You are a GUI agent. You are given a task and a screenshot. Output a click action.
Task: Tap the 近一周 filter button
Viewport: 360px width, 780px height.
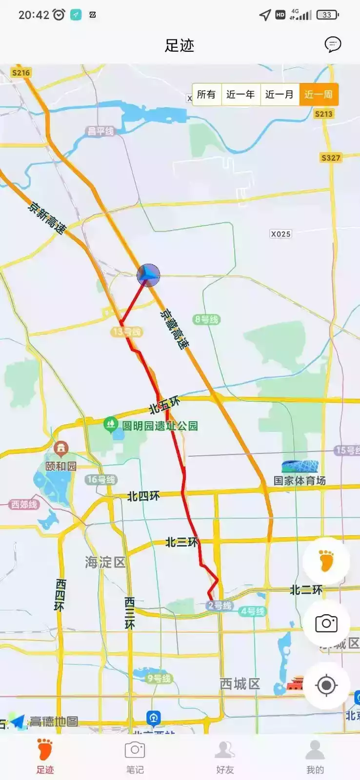pyautogui.click(x=319, y=94)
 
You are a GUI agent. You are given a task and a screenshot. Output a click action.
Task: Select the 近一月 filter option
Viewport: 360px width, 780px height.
pyautogui.click(x=280, y=94)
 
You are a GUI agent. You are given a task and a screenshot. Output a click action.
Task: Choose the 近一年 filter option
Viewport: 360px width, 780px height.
pyautogui.click(x=240, y=94)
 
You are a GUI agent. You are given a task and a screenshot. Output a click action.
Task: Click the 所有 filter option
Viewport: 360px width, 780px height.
pyautogui.click(x=206, y=94)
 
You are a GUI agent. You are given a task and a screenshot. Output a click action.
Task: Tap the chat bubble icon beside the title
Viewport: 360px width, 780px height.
pyautogui.click(x=333, y=45)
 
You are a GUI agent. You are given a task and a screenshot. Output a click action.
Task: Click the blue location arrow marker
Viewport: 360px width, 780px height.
pyautogui.click(x=148, y=275)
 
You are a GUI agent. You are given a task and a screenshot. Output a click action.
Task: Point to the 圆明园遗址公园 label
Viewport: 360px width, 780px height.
pyautogui.click(x=160, y=426)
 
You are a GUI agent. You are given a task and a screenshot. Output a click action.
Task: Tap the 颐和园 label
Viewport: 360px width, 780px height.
pyautogui.click(x=61, y=466)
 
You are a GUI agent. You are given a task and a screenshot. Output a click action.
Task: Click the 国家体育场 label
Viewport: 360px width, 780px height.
pyautogui.click(x=300, y=480)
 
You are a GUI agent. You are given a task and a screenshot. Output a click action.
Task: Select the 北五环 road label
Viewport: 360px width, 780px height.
pyautogui.click(x=164, y=405)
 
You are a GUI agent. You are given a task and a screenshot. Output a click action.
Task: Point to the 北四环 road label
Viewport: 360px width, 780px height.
pyautogui.click(x=143, y=496)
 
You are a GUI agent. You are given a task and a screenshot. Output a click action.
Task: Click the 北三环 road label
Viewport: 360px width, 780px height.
pyautogui.click(x=182, y=542)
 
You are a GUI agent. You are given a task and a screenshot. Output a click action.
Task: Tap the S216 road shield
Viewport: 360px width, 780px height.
pyautogui.click(x=21, y=73)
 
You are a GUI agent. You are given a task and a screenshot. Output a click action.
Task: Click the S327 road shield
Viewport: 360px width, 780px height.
pyautogui.click(x=330, y=157)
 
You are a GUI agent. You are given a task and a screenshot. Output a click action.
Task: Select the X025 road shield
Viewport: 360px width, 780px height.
pyautogui.click(x=280, y=234)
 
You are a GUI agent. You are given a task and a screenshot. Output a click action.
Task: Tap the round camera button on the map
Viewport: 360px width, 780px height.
pyautogui.click(x=326, y=623)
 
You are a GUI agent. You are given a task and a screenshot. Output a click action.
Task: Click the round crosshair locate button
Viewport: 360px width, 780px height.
pyautogui.click(x=326, y=685)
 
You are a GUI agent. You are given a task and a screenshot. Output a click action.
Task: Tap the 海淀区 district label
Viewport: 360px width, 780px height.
pyautogui.click(x=105, y=562)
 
